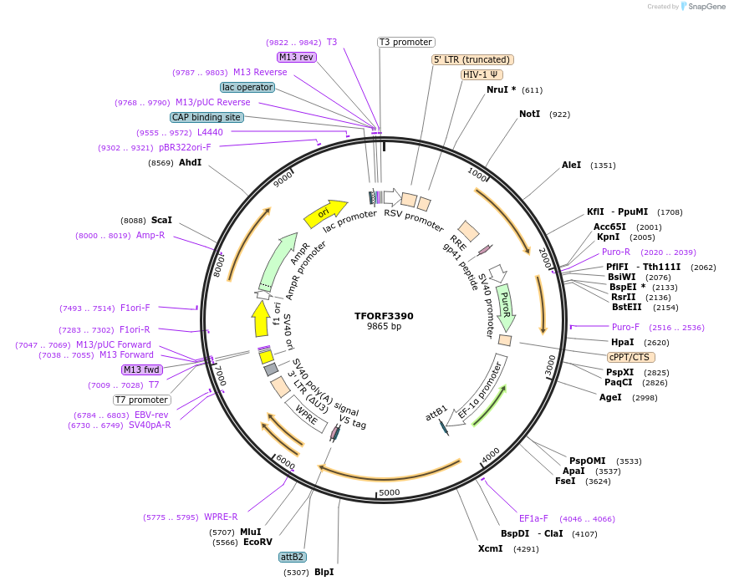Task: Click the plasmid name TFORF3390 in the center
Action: (384, 316)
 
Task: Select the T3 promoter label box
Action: (406, 42)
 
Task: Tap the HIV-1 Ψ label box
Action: (482, 74)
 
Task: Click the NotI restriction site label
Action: (529, 114)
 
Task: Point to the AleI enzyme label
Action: (571, 166)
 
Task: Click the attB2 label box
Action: (292, 557)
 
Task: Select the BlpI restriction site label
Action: (324, 572)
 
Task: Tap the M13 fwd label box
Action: (140, 369)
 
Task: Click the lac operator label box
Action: (247, 87)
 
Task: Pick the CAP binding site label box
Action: (206, 118)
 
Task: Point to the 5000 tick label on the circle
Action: (390, 493)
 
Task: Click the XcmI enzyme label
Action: (490, 549)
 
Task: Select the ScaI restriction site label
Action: (161, 220)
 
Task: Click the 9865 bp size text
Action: (384, 327)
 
